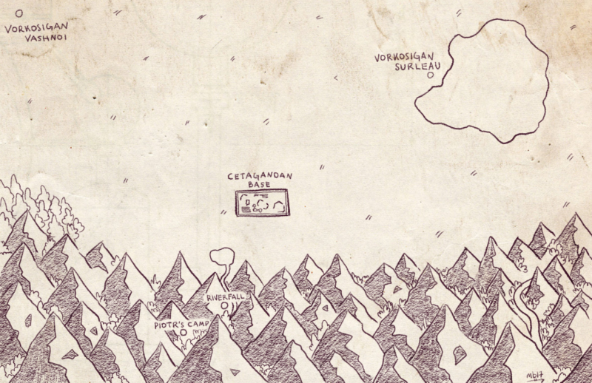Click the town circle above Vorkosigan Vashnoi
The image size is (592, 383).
pos(19,12)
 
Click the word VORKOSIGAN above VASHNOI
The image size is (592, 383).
pos(36,28)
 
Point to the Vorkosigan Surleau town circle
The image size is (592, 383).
pos(429,75)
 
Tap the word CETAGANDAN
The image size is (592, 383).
pos(260,176)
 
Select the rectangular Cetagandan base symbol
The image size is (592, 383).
pos(262,202)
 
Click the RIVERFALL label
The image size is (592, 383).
pos(225,297)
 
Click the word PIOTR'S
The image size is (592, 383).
pos(169,324)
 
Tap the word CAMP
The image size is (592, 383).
pos(199,324)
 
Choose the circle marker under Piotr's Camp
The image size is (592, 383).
pos(183,333)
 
